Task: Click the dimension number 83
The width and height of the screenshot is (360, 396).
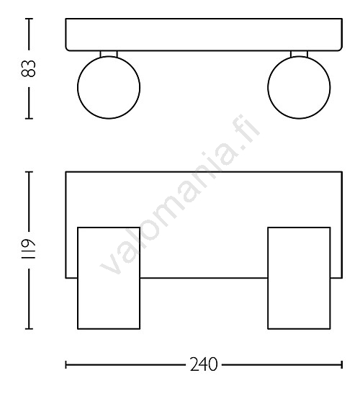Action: [29, 68]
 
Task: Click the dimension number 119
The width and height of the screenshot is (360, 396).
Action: [29, 250]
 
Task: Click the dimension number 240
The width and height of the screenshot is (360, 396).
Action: [204, 364]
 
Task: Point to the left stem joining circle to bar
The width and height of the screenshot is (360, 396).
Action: [109, 54]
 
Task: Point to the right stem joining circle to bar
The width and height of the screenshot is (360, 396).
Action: [299, 54]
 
